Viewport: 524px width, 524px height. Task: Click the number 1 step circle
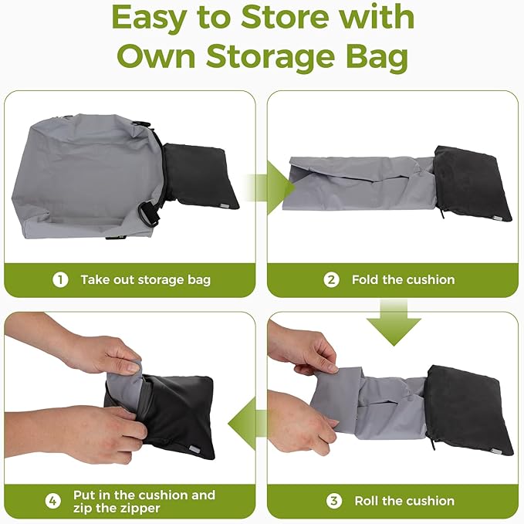click(x=60, y=279)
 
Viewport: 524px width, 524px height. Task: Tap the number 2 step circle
click(x=331, y=279)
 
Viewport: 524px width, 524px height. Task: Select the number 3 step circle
click(x=333, y=501)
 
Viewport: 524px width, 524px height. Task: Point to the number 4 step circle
click(x=52, y=501)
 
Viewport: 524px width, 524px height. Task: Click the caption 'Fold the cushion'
click(x=403, y=279)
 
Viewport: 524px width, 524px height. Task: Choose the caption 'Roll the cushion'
click(x=404, y=501)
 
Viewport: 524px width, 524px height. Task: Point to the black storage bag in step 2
click(x=472, y=184)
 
